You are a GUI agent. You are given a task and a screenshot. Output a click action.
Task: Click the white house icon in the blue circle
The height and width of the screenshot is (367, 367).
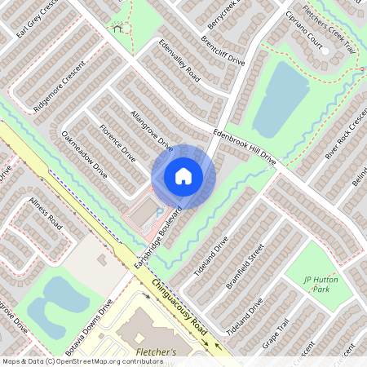click(183, 176)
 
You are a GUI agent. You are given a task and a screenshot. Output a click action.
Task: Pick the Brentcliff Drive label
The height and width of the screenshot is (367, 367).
click(222, 49)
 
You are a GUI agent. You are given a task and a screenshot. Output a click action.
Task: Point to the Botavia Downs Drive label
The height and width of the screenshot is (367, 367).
click(97, 323)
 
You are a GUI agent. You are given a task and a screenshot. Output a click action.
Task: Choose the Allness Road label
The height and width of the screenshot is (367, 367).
click(45, 210)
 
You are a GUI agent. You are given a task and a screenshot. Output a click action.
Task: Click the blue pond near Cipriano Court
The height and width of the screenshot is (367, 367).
click(281, 98)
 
